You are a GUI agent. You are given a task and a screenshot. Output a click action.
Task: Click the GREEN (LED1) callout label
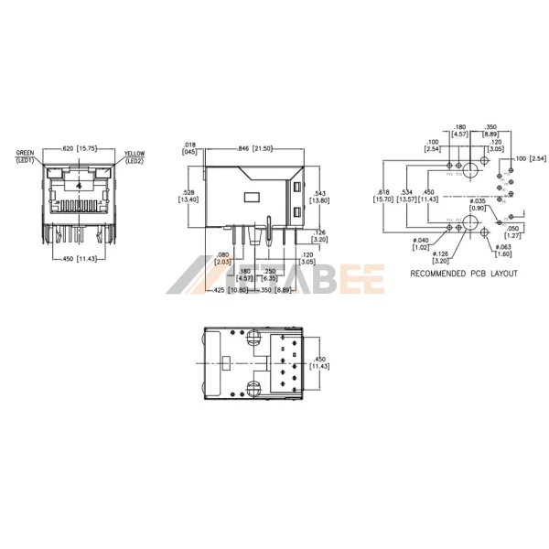click(25, 156)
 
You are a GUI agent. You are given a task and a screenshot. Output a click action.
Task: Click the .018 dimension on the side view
click(190, 148)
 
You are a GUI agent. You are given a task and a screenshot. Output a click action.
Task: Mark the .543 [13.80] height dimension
click(319, 198)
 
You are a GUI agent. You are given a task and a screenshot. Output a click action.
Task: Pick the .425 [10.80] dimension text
click(226, 290)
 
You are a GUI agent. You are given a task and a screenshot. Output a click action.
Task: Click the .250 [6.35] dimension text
click(270, 275)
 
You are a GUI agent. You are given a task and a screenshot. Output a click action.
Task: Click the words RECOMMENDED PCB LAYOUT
click(463, 274)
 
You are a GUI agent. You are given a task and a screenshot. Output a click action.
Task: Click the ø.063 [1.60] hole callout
click(504, 251)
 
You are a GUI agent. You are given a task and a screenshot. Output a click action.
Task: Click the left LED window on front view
click(52, 172)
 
